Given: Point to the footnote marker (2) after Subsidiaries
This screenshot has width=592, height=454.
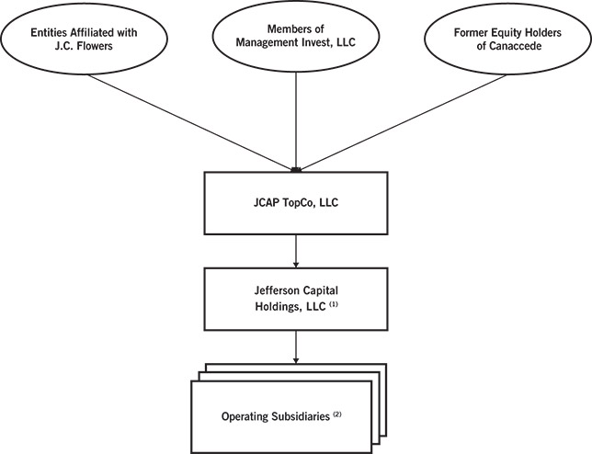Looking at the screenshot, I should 363,414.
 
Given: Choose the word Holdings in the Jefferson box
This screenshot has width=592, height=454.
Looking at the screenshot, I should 275,306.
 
